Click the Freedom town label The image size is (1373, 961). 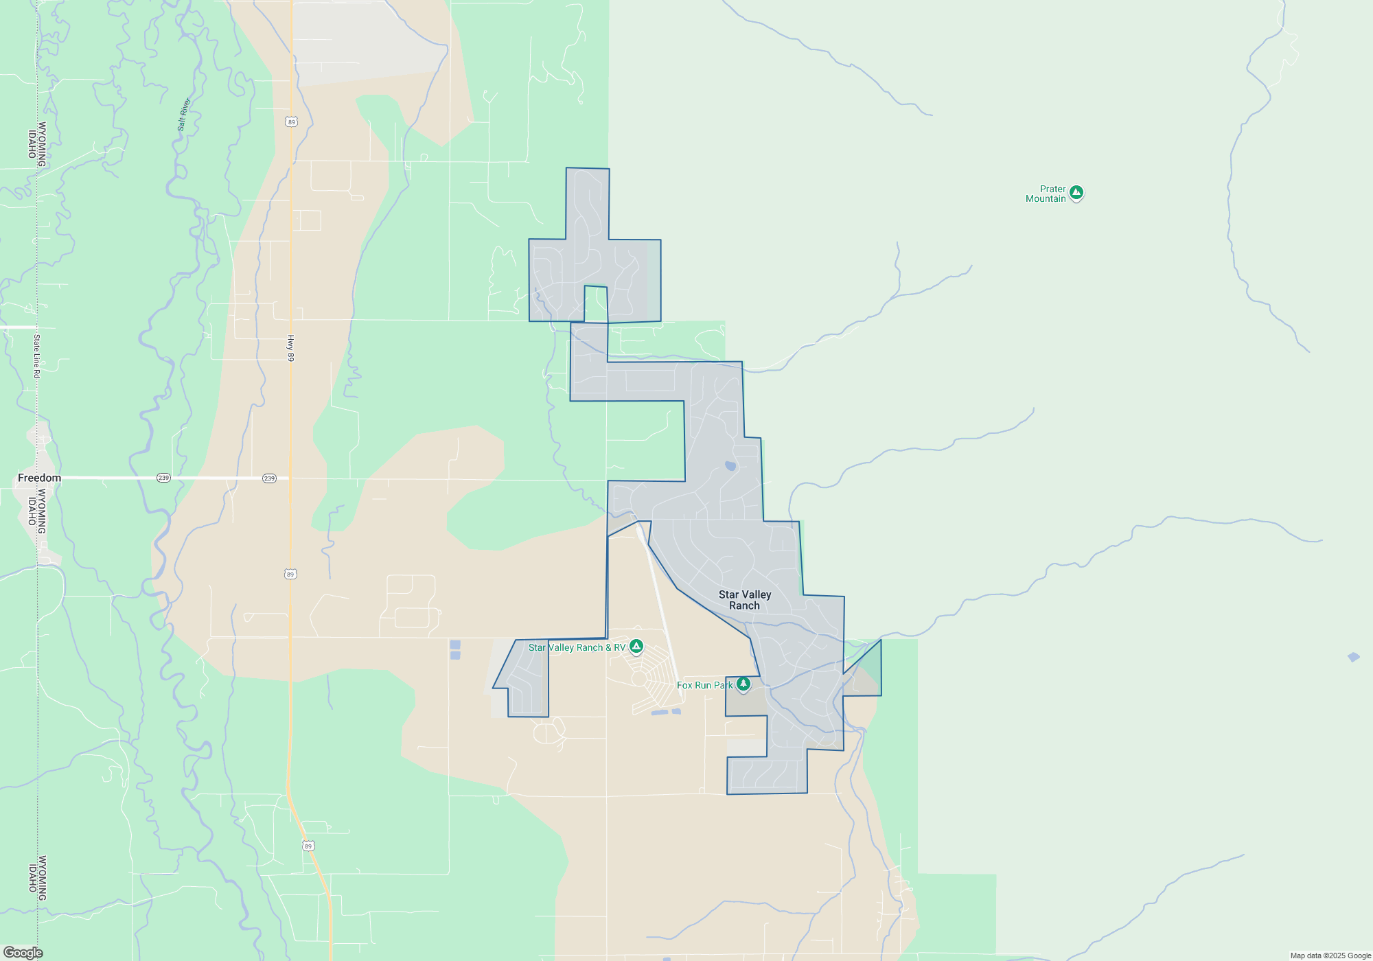click(x=39, y=478)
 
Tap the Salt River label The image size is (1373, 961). click(x=184, y=115)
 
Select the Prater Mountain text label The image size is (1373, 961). click(x=1046, y=194)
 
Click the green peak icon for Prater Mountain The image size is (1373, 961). click(x=1076, y=193)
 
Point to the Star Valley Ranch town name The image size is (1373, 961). click(x=745, y=600)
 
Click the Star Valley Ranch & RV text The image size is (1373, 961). click(x=577, y=647)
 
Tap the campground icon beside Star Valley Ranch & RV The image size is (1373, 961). click(x=636, y=646)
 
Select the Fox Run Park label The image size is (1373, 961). click(x=704, y=685)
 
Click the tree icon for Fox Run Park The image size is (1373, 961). click(x=743, y=684)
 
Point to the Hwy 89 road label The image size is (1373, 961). click(x=290, y=348)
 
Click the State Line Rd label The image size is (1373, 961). click(x=37, y=356)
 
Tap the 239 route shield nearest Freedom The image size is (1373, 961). click(x=163, y=478)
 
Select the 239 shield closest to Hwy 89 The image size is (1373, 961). click(x=269, y=478)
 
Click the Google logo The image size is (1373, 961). click(x=23, y=952)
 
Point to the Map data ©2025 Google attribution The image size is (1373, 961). click(x=1330, y=956)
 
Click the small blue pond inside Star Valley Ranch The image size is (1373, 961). click(x=730, y=466)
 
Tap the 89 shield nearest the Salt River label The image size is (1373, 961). click(x=292, y=122)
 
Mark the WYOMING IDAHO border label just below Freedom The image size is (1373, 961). click(x=37, y=511)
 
